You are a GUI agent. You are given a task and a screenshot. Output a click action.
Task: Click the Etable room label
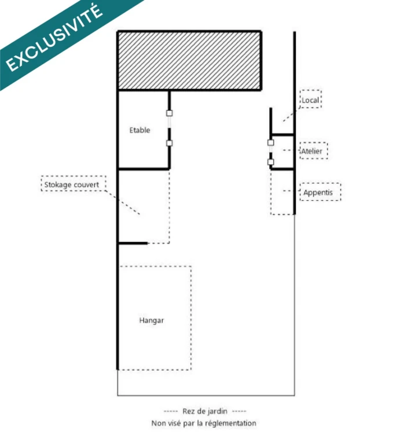(x=140, y=130)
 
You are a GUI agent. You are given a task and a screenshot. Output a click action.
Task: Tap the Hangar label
(x=152, y=320)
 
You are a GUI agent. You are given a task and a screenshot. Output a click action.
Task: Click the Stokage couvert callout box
(x=74, y=183)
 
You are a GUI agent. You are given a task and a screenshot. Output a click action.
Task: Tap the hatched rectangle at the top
(x=189, y=60)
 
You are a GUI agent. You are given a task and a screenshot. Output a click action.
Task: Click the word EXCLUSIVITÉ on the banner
(x=54, y=38)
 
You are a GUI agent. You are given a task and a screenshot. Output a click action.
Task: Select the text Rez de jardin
(x=205, y=411)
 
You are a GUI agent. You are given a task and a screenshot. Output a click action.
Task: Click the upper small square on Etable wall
(x=169, y=113)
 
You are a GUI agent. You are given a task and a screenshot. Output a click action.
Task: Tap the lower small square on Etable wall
(x=169, y=143)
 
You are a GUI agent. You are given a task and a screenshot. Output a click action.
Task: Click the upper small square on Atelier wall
(x=270, y=142)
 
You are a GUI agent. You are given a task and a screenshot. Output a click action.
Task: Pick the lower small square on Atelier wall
(x=270, y=162)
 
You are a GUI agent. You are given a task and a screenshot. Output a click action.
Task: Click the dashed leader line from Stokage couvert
(x=123, y=202)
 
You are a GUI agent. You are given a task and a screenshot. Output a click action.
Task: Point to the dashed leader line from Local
(x=291, y=114)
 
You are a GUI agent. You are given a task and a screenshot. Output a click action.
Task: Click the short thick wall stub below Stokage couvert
(x=133, y=243)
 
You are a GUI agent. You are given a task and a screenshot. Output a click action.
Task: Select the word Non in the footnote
(x=158, y=423)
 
